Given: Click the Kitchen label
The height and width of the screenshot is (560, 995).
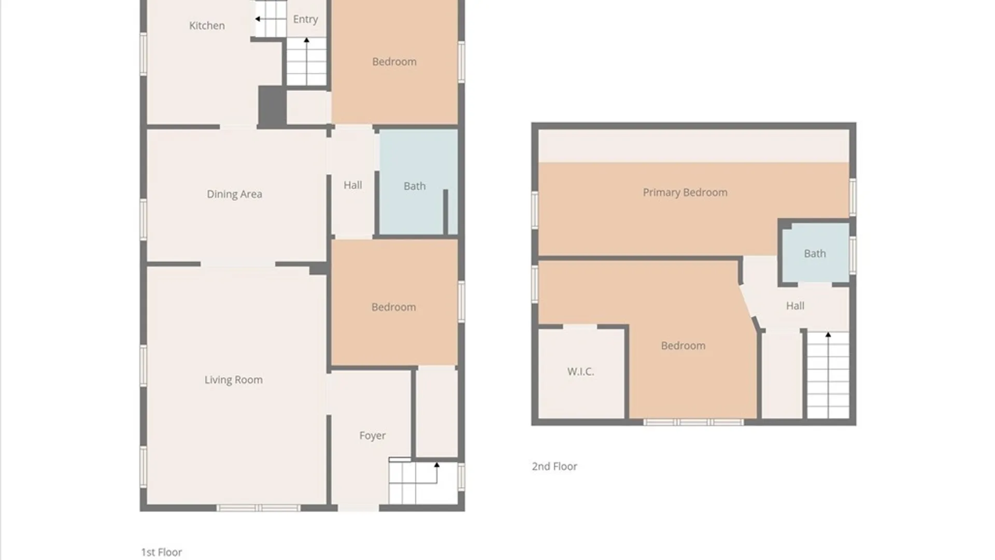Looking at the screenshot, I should pyautogui.click(x=207, y=25).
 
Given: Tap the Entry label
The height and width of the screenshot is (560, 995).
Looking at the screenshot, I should pyautogui.click(x=305, y=19).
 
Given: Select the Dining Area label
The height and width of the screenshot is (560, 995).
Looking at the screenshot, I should pyautogui.click(x=234, y=194).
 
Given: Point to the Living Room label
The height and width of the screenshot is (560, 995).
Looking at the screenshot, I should pyautogui.click(x=233, y=380).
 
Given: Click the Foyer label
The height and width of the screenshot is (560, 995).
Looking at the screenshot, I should pyautogui.click(x=372, y=436).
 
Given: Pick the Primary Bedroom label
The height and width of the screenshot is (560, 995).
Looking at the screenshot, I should pyautogui.click(x=685, y=192).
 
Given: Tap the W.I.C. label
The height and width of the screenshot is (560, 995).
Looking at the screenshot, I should pyautogui.click(x=580, y=371).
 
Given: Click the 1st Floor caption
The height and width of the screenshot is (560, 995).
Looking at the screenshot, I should pyautogui.click(x=161, y=552).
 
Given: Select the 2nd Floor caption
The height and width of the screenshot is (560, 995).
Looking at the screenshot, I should pyautogui.click(x=554, y=466).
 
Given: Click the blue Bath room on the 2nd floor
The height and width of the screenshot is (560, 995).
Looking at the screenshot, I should pyautogui.click(x=815, y=254).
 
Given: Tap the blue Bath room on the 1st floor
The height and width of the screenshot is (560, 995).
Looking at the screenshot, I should pyautogui.click(x=415, y=186).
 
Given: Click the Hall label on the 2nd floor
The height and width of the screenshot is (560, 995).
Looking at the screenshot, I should pyautogui.click(x=795, y=306).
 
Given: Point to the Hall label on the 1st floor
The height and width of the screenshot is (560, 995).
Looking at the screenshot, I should pyautogui.click(x=352, y=185).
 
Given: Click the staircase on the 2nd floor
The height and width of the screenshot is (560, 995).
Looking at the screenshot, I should pyautogui.click(x=828, y=376).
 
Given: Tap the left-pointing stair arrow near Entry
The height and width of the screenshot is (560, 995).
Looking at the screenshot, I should pyautogui.click(x=258, y=19).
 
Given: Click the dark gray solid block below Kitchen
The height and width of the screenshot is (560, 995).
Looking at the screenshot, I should pyautogui.click(x=272, y=105).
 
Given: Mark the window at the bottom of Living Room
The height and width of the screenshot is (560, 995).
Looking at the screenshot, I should pyautogui.click(x=258, y=508).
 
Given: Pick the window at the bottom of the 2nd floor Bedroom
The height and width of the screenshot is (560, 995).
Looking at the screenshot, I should pyautogui.click(x=693, y=422).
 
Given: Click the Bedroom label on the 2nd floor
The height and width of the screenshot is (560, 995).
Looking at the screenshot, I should pyautogui.click(x=683, y=346).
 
